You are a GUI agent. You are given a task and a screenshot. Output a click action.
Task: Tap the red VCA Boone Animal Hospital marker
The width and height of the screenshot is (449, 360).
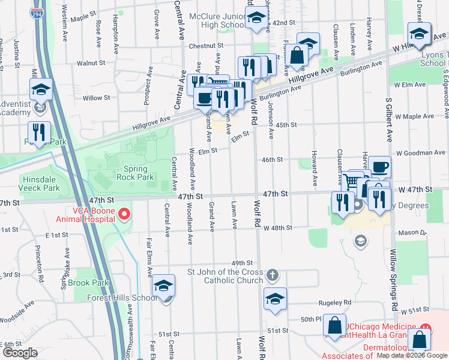(x=124, y=213)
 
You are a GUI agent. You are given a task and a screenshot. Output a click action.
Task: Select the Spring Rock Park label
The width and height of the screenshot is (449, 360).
(x=139, y=173)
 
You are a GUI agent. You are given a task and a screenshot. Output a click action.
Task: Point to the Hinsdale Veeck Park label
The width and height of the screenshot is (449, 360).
(x=40, y=184)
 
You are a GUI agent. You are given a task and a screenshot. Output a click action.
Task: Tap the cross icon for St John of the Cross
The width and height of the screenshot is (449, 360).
(x=273, y=275)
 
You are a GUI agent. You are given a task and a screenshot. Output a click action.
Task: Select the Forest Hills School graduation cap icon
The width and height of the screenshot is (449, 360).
(x=163, y=287)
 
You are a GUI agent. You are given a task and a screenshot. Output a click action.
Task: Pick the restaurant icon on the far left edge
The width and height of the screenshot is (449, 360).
(x=39, y=133)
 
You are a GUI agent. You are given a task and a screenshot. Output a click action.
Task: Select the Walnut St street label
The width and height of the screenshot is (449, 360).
(x=91, y=63)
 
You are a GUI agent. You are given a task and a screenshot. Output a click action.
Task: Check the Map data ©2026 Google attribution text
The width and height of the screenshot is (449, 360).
(x=412, y=355)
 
